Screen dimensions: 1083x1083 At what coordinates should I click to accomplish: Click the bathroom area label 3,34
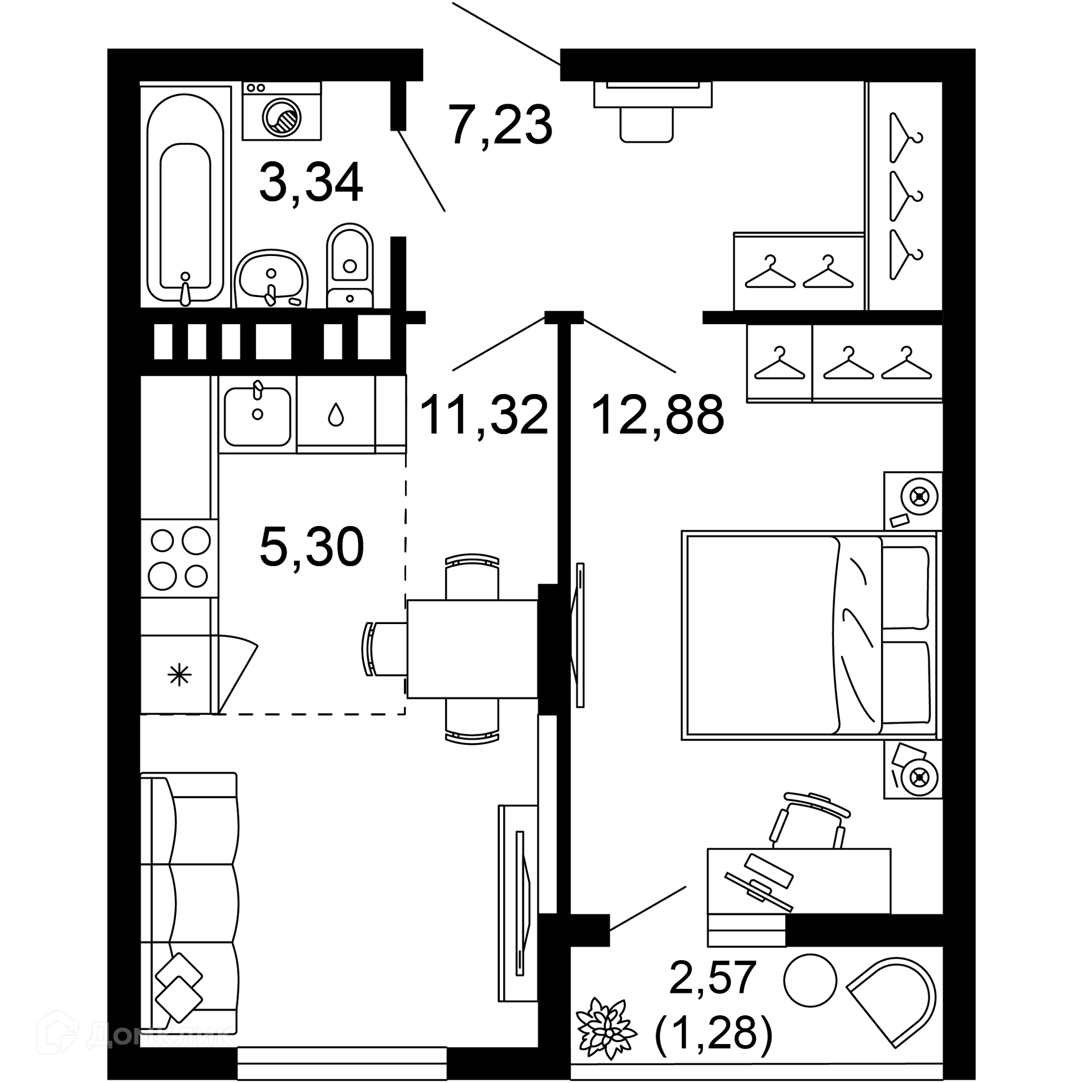(311, 182)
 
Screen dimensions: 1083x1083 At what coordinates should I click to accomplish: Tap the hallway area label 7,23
(500, 125)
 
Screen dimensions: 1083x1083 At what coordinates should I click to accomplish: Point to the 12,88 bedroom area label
(658, 415)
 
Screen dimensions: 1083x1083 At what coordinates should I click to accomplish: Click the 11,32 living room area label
(484, 415)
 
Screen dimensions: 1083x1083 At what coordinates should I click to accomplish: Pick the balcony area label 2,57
(712, 978)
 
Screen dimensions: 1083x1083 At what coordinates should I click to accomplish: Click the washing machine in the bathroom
(281, 111)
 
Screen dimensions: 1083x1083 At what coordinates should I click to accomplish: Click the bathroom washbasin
(271, 279)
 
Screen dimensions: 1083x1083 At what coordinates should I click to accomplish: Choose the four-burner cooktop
(179, 559)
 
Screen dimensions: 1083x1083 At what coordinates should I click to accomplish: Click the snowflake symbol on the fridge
(180, 675)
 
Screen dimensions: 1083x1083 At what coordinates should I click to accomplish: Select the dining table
(473, 649)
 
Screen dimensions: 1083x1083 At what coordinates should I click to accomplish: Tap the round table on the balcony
(809, 980)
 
